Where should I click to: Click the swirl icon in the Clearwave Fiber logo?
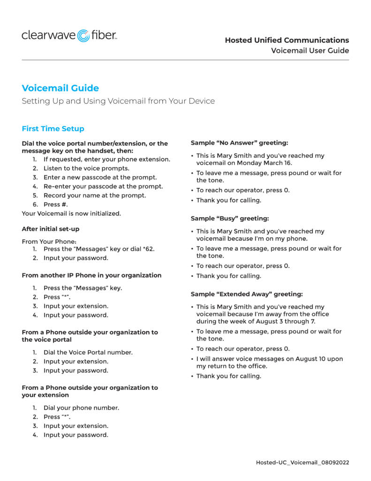(83, 36)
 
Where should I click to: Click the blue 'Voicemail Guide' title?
(60, 88)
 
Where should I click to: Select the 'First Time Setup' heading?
(53, 129)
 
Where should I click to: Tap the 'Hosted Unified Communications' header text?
(287, 40)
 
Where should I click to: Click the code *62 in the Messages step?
(147, 249)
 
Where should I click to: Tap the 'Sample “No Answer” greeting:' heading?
(239, 142)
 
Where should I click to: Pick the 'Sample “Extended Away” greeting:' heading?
(247, 294)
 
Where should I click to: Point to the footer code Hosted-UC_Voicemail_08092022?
(302, 463)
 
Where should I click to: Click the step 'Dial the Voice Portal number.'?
(88, 352)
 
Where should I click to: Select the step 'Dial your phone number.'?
(81, 408)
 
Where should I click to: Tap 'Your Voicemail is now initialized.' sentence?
(71, 213)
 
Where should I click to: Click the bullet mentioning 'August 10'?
(269, 362)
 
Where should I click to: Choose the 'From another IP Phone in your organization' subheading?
(91, 275)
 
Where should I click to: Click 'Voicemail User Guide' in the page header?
(310, 51)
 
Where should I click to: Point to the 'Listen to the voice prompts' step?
(86, 168)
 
